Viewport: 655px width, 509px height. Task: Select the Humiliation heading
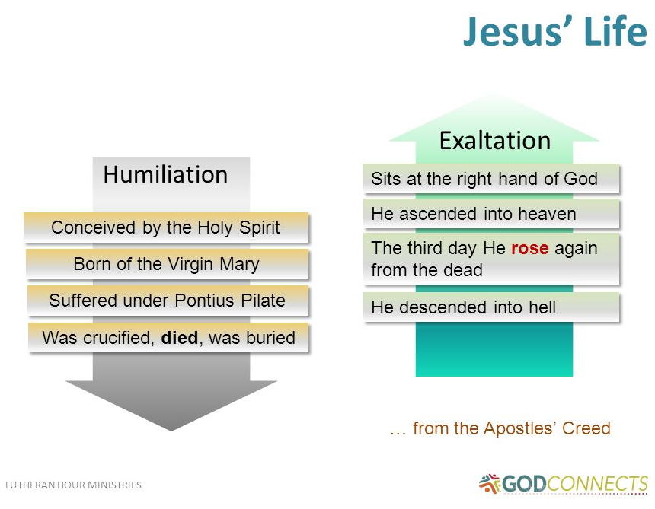point(165,174)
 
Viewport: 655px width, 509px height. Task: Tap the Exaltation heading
point(494,141)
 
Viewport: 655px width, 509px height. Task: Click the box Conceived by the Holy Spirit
point(166,227)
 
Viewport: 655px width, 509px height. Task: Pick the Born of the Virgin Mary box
point(167,264)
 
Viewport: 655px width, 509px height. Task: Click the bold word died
point(180,338)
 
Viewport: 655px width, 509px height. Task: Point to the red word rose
point(530,249)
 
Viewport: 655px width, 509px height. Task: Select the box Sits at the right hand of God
point(491,179)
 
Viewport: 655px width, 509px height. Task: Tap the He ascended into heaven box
point(491,215)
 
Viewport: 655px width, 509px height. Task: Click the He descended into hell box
point(491,307)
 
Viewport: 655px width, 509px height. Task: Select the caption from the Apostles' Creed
point(500,429)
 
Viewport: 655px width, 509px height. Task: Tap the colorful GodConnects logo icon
point(490,483)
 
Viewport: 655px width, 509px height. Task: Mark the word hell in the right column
point(540,307)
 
